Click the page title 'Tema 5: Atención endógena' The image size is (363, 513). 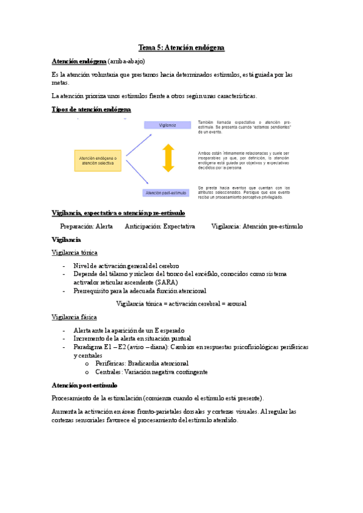[181, 47]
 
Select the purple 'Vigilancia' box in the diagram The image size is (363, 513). [167, 125]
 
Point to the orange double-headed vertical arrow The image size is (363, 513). [168, 158]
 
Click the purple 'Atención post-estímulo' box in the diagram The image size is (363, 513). [167, 193]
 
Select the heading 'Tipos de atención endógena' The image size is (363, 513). [92, 109]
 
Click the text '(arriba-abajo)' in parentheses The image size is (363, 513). [127, 62]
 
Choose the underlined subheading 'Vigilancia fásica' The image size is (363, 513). [74, 318]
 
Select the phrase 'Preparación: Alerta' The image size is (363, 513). [86, 226]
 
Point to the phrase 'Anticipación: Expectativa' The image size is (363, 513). [159, 226]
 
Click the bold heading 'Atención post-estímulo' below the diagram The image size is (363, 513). [84, 385]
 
